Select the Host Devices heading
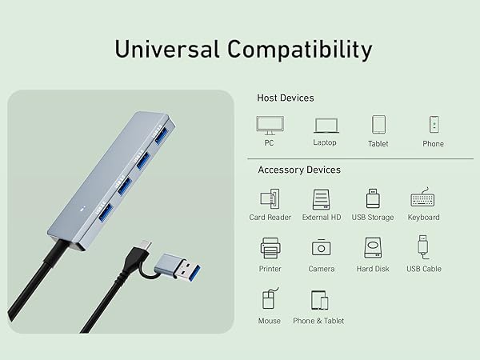pyautogui.click(x=285, y=98)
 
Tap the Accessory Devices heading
pyautogui.click(x=299, y=170)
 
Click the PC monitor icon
pyautogui.click(x=269, y=125)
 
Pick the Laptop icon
pyautogui.click(x=325, y=125)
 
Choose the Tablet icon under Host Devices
pyautogui.click(x=378, y=124)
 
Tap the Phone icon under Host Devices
pyautogui.click(x=434, y=124)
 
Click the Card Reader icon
pyautogui.click(x=269, y=198)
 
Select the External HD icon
pyautogui.click(x=322, y=198)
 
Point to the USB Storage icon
pyautogui.click(x=373, y=198)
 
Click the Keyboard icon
pyautogui.click(x=423, y=198)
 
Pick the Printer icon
pyautogui.click(x=270, y=248)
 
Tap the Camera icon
pyautogui.click(x=322, y=248)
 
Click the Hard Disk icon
pyautogui.click(x=373, y=247)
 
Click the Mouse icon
pyautogui.click(x=269, y=300)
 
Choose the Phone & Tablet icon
pyautogui.click(x=319, y=300)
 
